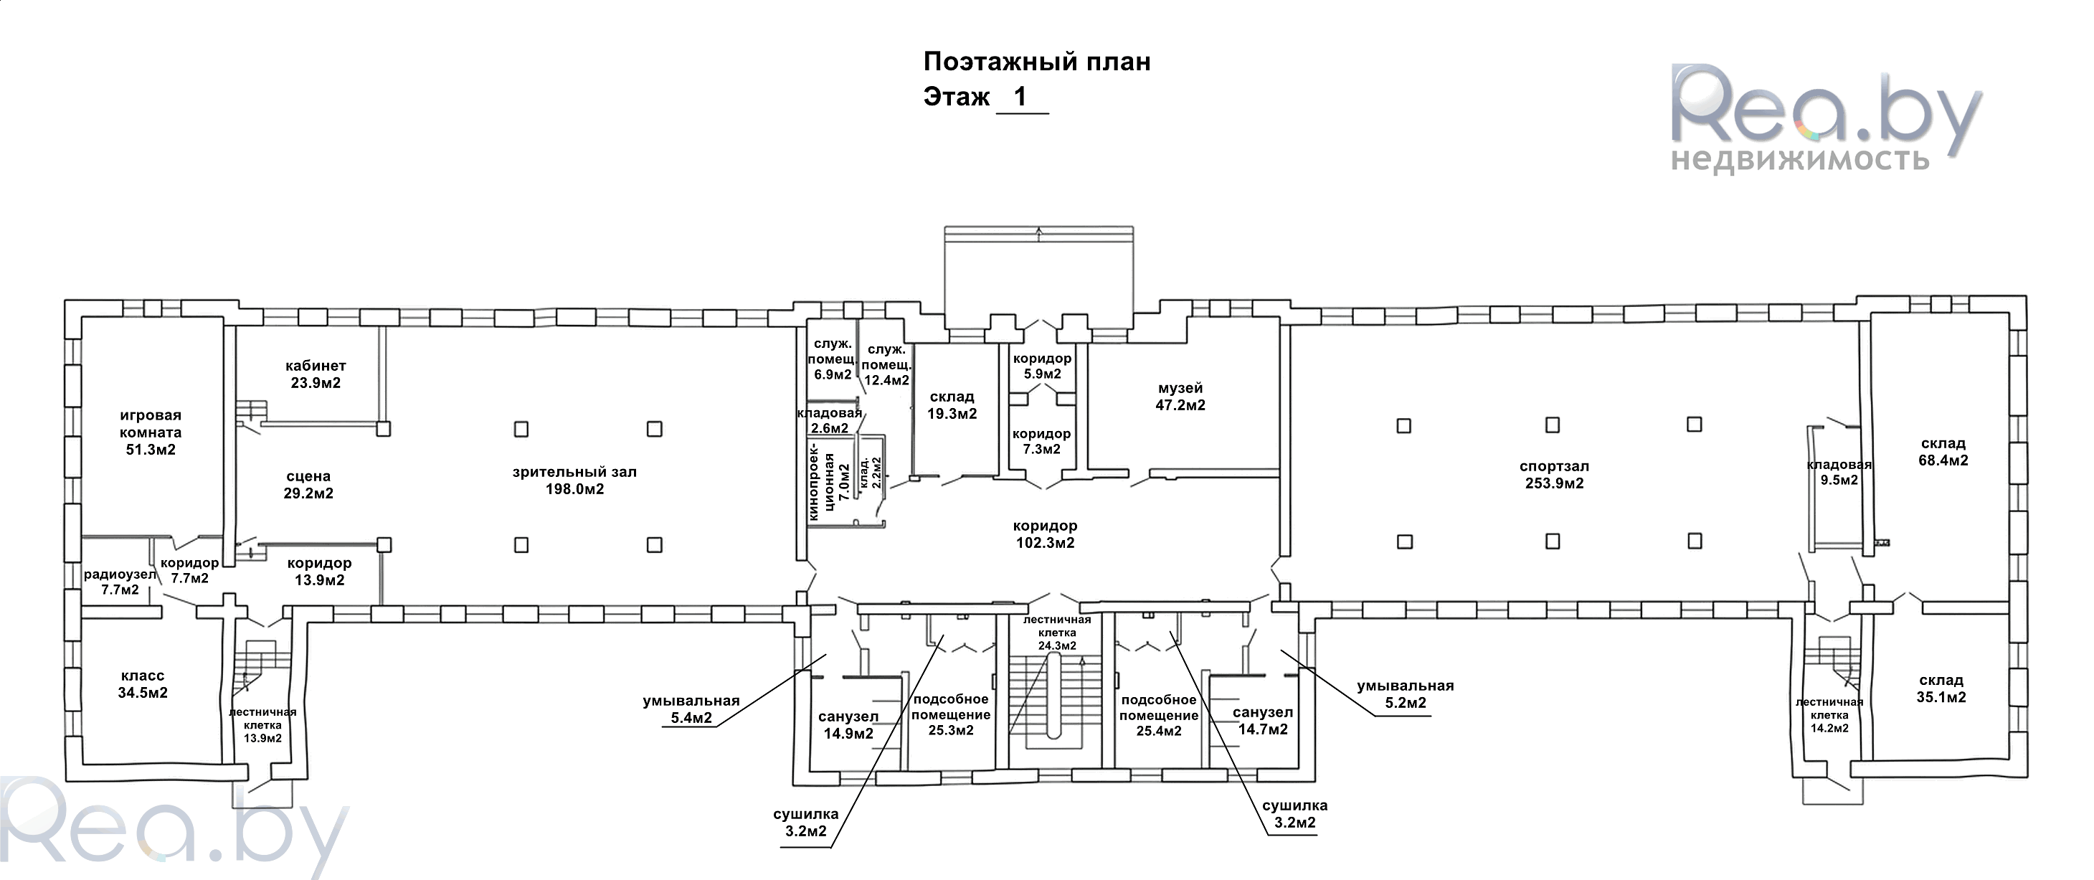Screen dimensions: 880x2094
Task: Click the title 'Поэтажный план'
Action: [1036, 62]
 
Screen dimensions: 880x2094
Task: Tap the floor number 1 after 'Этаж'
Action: [1020, 97]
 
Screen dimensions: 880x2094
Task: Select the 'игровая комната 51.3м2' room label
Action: [151, 432]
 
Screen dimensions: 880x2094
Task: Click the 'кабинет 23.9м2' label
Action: [316, 375]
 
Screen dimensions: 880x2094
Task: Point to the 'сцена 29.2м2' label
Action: [309, 485]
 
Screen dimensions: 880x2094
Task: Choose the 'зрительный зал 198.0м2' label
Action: [574, 481]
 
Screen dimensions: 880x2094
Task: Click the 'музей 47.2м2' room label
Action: [1180, 397]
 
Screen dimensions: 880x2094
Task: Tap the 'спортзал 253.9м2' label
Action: [1554, 475]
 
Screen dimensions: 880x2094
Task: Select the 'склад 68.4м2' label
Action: [1943, 451]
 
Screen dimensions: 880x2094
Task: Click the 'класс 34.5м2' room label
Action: [143, 684]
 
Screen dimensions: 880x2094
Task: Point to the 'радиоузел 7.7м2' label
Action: [120, 582]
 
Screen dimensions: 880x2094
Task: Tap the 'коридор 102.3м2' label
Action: [1045, 534]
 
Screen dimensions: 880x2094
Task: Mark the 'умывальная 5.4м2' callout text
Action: [691, 709]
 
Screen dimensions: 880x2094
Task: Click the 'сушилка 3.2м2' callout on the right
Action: [1295, 813]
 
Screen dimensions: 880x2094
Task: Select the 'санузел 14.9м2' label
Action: [848, 724]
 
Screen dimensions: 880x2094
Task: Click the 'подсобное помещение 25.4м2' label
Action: [1158, 716]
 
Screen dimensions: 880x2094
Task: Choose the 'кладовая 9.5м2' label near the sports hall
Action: [1839, 473]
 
